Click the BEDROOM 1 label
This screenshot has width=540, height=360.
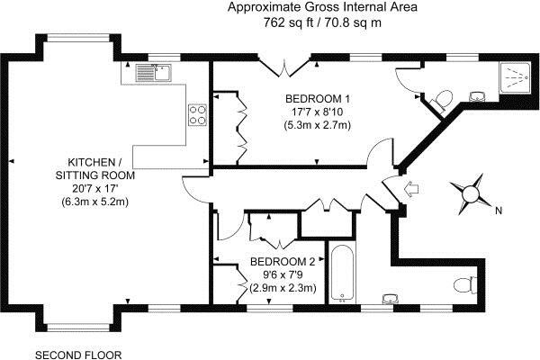(x=317, y=99)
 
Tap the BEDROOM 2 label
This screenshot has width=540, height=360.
(x=283, y=262)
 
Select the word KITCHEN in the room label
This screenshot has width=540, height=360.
(x=91, y=162)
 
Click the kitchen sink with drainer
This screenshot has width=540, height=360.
(x=154, y=73)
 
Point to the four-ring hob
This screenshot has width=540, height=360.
(x=197, y=114)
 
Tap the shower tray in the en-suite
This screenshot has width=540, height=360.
(x=516, y=77)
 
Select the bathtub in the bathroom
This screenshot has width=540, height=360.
(x=342, y=273)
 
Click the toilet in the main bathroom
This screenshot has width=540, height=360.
(x=466, y=285)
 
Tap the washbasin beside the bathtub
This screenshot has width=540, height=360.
(x=391, y=299)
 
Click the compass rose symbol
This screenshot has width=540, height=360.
(x=471, y=194)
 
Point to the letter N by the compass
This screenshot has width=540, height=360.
(x=499, y=211)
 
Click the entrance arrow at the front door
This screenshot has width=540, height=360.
(x=411, y=189)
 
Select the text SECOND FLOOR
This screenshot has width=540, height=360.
(x=78, y=355)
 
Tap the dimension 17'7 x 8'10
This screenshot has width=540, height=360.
(x=317, y=112)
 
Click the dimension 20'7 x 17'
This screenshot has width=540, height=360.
(x=95, y=188)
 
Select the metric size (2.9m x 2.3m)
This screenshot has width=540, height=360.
(x=283, y=287)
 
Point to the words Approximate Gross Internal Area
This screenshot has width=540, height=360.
(x=322, y=7)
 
